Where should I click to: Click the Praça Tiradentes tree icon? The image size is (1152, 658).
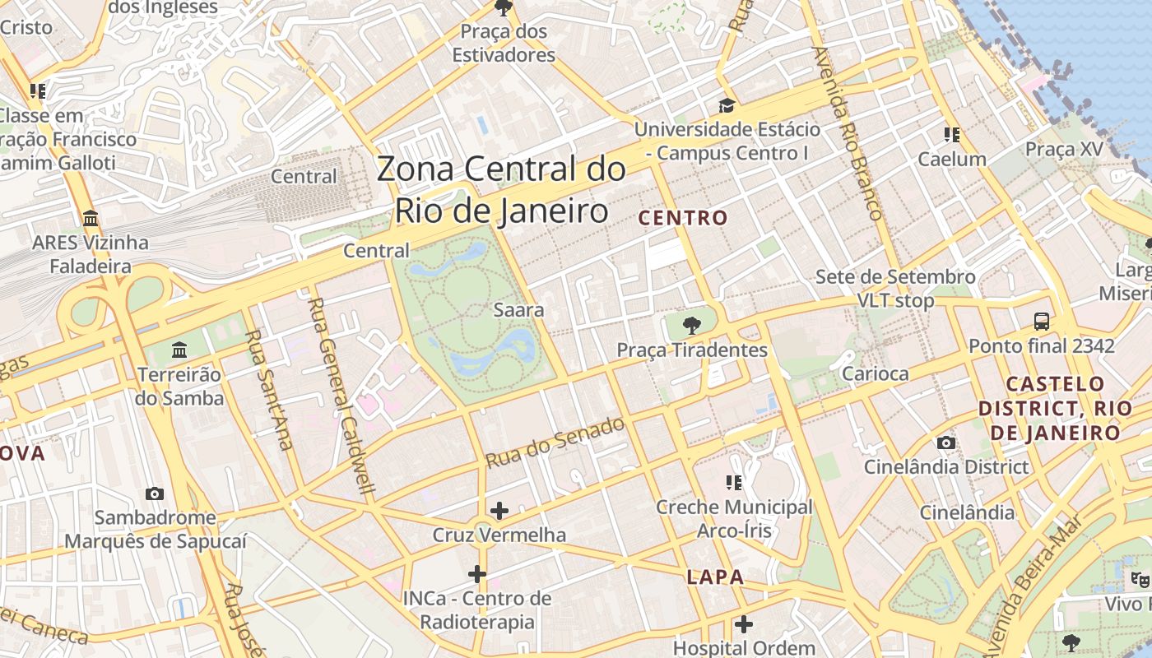pyautogui.click(x=692, y=325)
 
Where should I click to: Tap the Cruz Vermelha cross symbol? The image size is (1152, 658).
pyautogui.click(x=499, y=511)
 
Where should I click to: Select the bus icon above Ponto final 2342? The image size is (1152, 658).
pyautogui.click(x=1042, y=321)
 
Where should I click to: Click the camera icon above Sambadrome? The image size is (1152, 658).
pyautogui.click(x=154, y=493)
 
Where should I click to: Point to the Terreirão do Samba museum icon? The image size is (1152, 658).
pyautogui.click(x=179, y=350)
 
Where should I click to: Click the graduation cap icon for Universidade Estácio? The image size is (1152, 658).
pyautogui.click(x=726, y=105)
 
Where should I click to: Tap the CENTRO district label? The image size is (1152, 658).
pyautogui.click(x=683, y=218)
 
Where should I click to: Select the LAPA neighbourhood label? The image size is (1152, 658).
pyautogui.click(x=715, y=577)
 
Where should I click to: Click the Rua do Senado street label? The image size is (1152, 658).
pyautogui.click(x=555, y=443)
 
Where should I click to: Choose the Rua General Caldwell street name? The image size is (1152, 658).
pyautogui.click(x=341, y=395)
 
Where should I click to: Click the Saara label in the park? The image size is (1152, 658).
pyautogui.click(x=518, y=310)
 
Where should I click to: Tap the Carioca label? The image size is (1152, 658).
pyautogui.click(x=875, y=373)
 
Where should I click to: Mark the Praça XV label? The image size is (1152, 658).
pyautogui.click(x=1063, y=150)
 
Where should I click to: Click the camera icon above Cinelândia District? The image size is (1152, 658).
pyautogui.click(x=946, y=443)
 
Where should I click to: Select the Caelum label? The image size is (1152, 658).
pyautogui.click(x=952, y=159)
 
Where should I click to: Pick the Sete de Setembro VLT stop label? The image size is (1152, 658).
pyautogui.click(x=895, y=289)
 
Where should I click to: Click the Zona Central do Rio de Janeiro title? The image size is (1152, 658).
pyautogui.click(x=501, y=190)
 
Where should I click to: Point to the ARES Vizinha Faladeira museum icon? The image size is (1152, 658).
pyautogui.click(x=91, y=219)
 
